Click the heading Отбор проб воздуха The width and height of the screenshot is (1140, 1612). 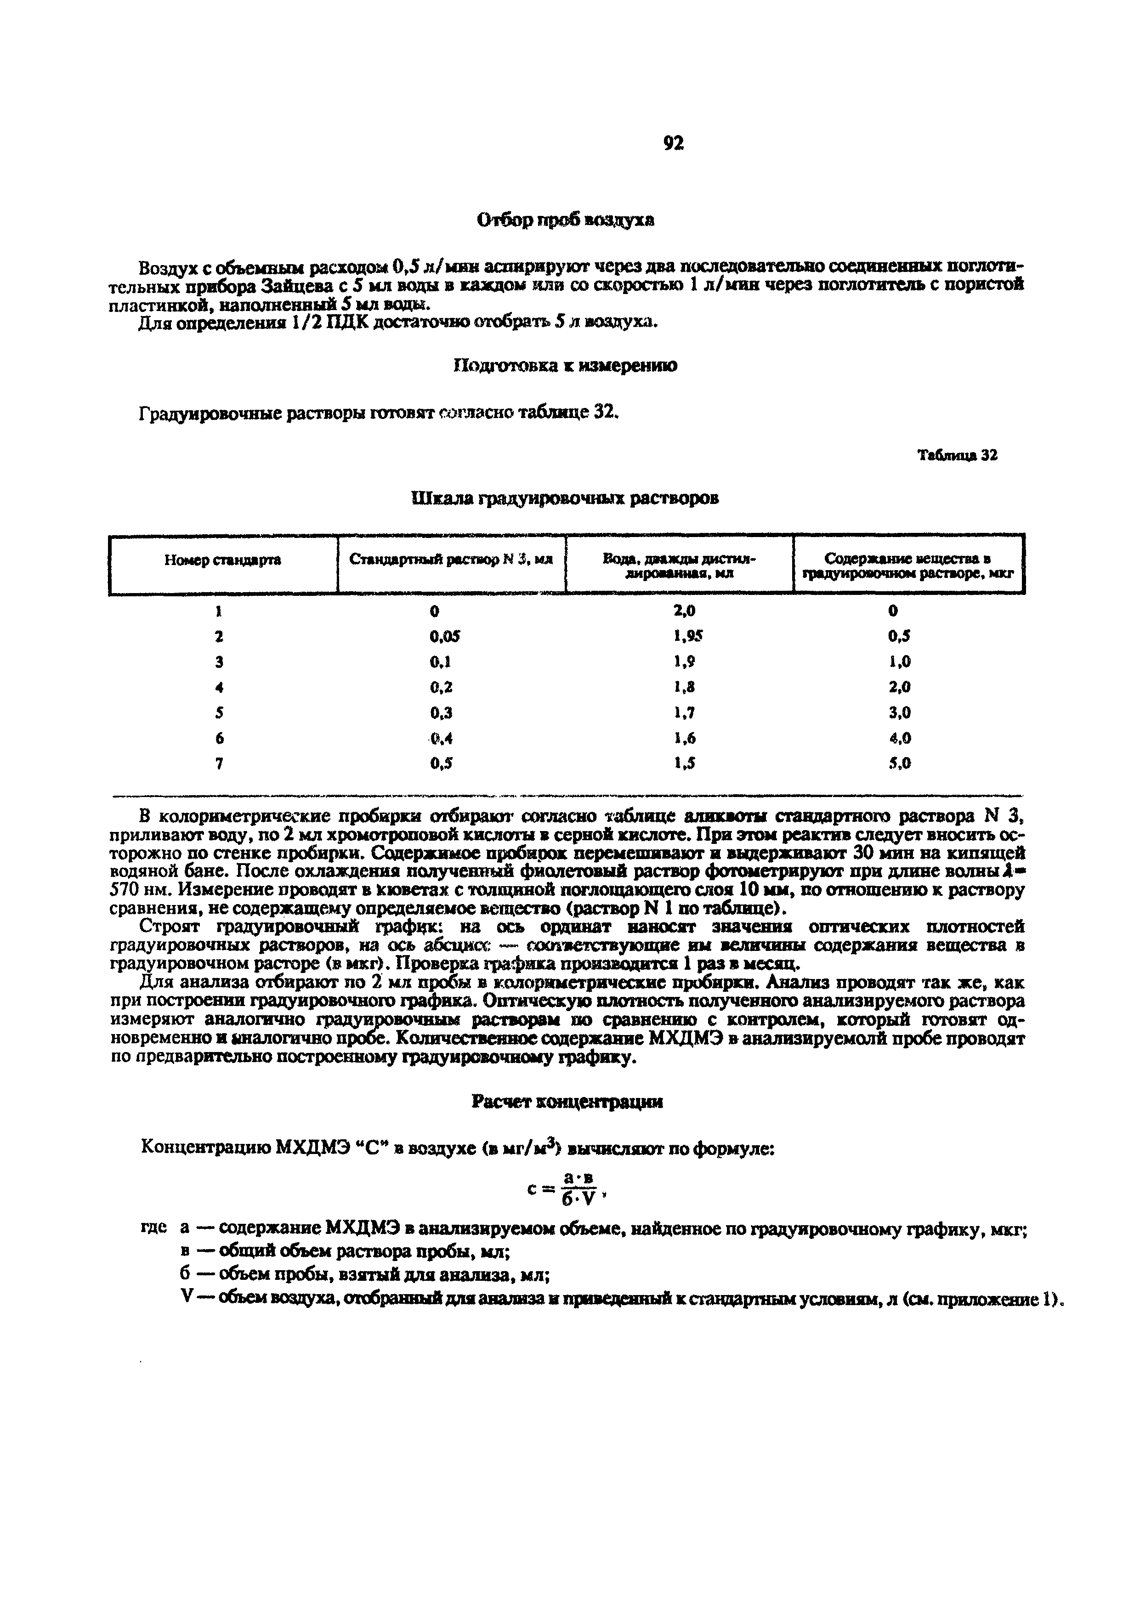point(566,220)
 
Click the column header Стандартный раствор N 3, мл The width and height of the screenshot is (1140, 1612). point(452,560)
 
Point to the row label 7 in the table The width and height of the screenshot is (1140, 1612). point(219,763)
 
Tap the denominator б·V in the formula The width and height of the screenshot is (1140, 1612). point(578,1199)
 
